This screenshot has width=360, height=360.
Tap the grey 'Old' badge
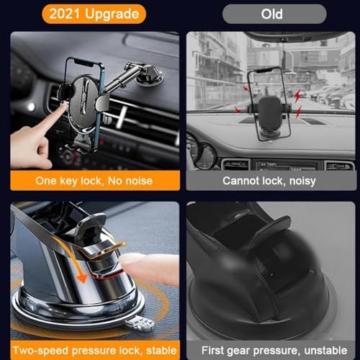click(x=268, y=13)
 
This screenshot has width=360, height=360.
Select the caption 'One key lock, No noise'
click(x=89, y=180)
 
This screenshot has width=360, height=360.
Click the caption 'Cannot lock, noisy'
click(x=269, y=181)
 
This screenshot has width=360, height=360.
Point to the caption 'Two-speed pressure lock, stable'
click(x=89, y=350)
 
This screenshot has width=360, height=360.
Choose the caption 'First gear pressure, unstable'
click(x=269, y=350)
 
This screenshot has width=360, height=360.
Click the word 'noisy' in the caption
click(x=302, y=181)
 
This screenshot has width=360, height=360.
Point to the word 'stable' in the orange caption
click(x=155, y=350)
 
